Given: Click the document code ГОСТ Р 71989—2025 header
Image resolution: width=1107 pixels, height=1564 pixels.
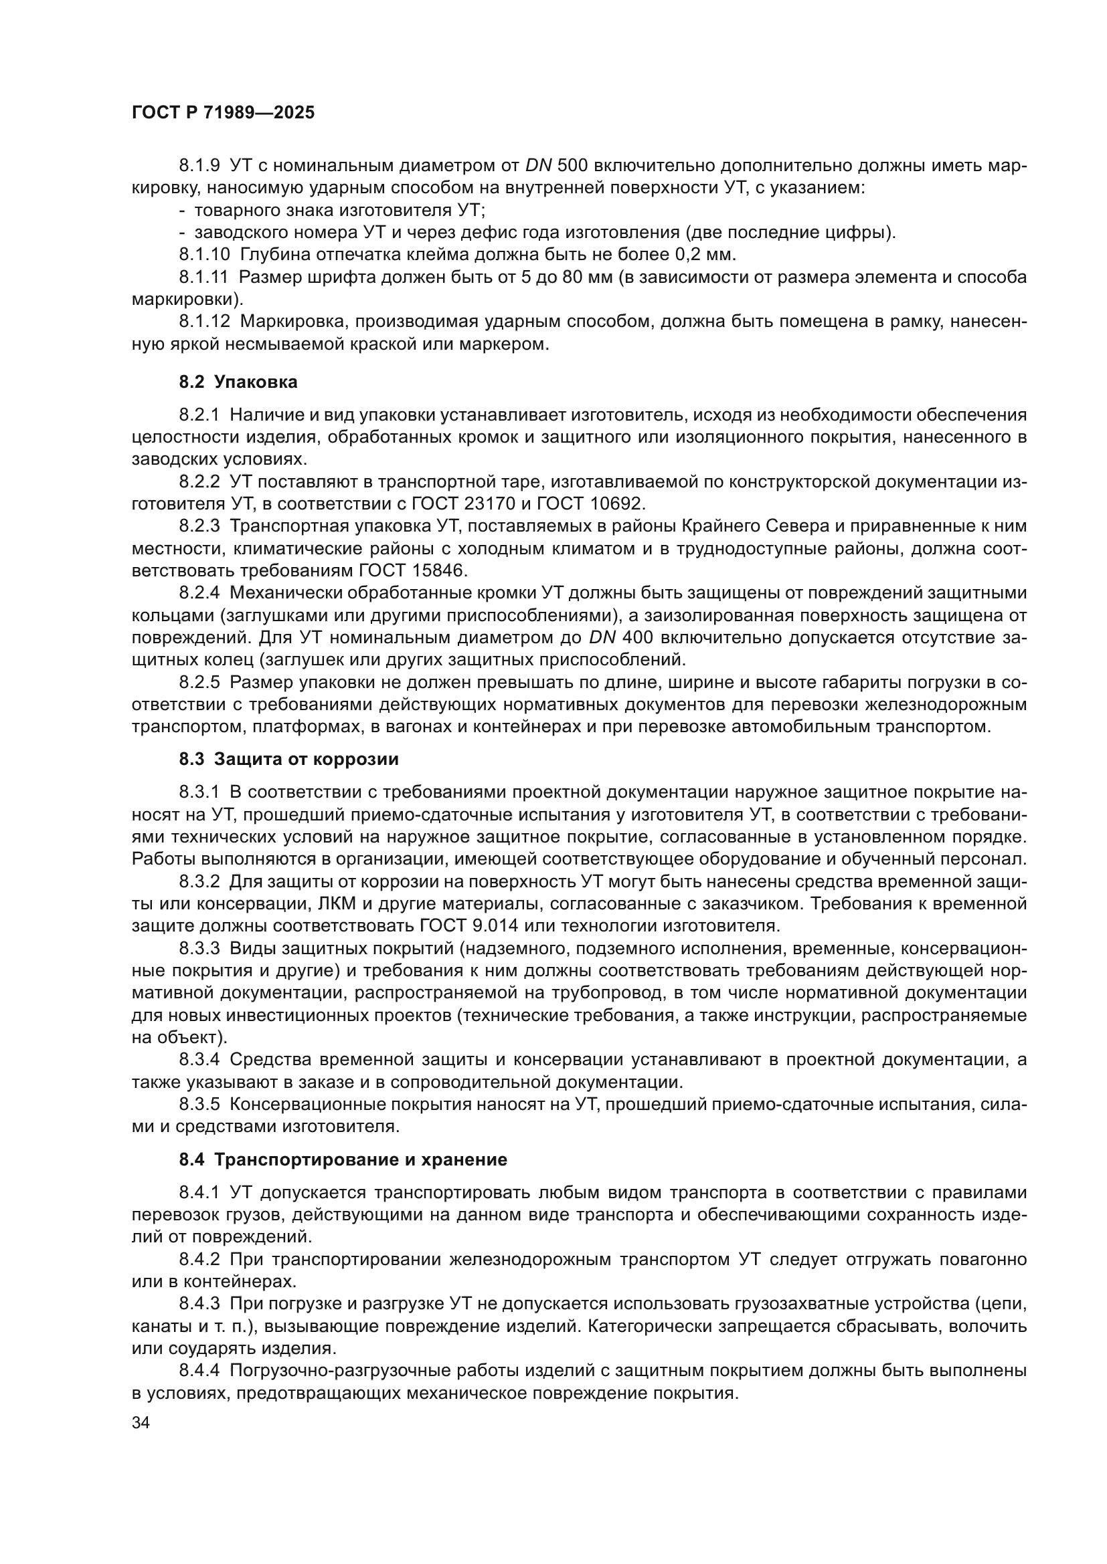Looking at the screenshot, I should pos(223,113).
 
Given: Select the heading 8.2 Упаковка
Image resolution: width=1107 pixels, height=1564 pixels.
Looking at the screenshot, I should pos(238,382).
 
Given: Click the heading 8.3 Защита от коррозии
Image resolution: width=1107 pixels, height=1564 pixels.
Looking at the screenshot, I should pos(289,759).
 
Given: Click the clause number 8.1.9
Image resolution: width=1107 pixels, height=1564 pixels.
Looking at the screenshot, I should pos(199,166).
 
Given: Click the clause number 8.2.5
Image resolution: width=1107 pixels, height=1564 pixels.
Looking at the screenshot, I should pos(199,683).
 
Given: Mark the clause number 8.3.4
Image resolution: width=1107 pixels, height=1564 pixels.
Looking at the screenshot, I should pos(199,1059).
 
